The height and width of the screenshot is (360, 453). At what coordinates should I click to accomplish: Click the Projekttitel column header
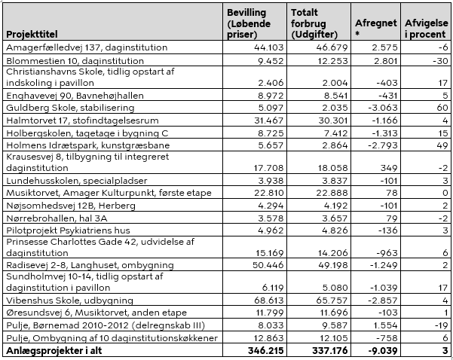tap(32, 35)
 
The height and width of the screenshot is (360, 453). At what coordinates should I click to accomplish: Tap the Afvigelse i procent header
tap(426, 29)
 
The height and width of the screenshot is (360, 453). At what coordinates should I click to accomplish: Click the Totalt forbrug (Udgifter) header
tap(314, 23)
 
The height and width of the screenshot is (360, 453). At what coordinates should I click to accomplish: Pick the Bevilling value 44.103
tap(268, 47)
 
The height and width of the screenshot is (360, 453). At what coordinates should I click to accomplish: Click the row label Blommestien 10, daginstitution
tap(75, 61)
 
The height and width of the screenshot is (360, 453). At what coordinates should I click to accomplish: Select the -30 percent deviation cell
tap(440, 61)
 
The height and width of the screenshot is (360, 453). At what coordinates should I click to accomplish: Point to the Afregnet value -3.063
tap(383, 108)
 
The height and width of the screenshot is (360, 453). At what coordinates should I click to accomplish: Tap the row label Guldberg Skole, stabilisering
tap(70, 108)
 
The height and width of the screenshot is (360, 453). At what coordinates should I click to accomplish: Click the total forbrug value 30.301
tap(333, 120)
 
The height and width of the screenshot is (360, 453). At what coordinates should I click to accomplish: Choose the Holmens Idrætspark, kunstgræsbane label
tap(88, 145)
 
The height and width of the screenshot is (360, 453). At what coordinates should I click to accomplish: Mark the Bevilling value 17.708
tap(268, 168)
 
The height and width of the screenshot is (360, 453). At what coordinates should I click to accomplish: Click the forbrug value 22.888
tap(332, 193)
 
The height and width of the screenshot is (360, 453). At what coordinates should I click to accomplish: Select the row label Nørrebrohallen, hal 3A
tap(57, 218)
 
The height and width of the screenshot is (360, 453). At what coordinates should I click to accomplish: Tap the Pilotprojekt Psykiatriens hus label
tap(68, 230)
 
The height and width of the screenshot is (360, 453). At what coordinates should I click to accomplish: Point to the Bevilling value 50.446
tap(268, 265)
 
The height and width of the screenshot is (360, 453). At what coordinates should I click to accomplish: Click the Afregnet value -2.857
tap(383, 301)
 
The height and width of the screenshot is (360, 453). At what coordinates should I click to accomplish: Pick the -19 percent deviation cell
tap(441, 325)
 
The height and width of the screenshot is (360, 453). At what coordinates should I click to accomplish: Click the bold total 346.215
tap(266, 350)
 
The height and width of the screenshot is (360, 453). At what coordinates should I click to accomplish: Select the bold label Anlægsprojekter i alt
tap(54, 350)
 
